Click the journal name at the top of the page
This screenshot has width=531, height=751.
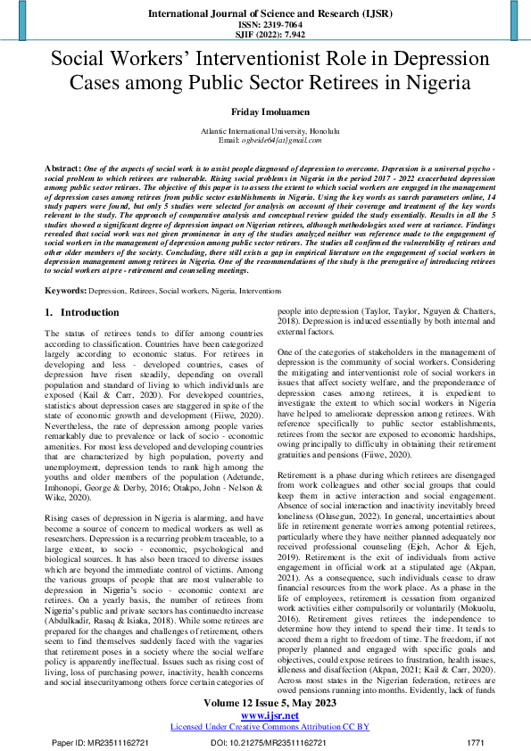265,15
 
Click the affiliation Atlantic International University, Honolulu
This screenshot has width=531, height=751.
265,131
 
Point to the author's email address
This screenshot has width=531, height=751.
265,140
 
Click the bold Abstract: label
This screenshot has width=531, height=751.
62,168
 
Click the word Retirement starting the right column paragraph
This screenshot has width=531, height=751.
300,477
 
